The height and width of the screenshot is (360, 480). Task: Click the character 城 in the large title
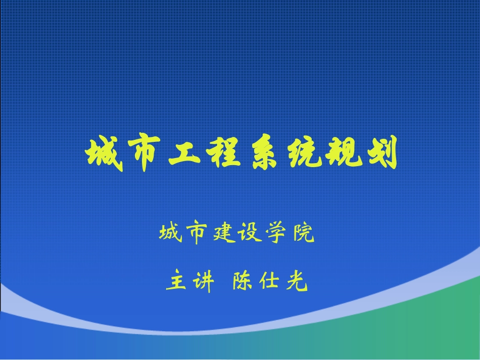104,153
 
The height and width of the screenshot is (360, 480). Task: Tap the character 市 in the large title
143,153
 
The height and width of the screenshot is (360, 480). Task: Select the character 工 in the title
182,153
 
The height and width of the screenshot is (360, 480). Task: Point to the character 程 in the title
222,153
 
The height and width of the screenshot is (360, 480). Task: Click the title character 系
261,153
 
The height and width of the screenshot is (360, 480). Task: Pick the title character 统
301,153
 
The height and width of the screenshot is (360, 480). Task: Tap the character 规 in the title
340,153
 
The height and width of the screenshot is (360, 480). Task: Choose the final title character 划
379,153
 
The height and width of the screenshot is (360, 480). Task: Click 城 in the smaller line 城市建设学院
169,234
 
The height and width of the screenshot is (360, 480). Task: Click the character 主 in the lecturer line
176,282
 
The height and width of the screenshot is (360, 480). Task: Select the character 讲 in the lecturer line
203,282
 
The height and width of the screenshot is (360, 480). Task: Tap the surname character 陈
243,282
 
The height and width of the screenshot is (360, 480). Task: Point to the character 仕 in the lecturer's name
270,282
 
